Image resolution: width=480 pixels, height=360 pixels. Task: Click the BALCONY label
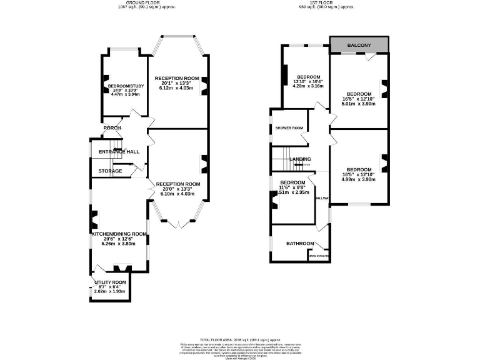pyautogui.click(x=359, y=45)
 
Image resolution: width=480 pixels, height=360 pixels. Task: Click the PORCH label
pyautogui.click(x=112, y=128)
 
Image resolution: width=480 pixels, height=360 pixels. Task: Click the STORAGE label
pyautogui.click(x=110, y=171)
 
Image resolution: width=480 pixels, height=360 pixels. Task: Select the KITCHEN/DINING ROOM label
pyautogui.click(x=119, y=234)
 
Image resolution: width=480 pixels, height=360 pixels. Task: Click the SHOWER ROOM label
pyautogui.click(x=289, y=128)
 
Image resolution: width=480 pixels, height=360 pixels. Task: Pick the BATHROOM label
pyautogui.click(x=299, y=243)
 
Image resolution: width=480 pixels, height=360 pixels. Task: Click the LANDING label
pyautogui.click(x=300, y=159)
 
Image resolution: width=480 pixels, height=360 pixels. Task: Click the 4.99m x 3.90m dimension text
pyautogui.click(x=359, y=179)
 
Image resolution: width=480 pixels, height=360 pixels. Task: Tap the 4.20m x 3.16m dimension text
pyautogui.click(x=308, y=86)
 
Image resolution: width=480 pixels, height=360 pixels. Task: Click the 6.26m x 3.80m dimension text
pyautogui.click(x=119, y=244)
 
